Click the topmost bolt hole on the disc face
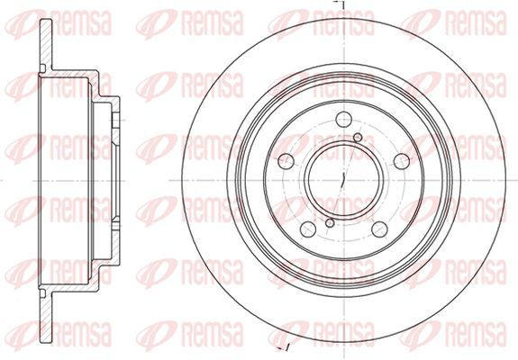(343, 120)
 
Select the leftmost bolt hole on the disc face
(286, 161)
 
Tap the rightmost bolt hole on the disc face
(402, 161)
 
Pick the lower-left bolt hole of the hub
(308, 229)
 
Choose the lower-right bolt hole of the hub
(379, 229)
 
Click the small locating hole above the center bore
(358, 138)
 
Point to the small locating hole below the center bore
(330, 223)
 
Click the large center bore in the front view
(343, 180)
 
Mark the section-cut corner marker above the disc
(339, 4)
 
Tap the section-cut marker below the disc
(284, 347)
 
